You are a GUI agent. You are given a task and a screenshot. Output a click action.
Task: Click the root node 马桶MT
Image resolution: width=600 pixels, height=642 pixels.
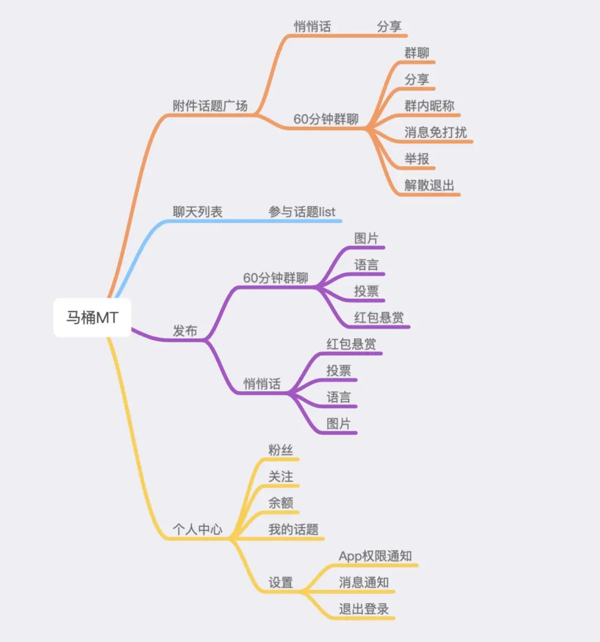pyautogui.click(x=92, y=317)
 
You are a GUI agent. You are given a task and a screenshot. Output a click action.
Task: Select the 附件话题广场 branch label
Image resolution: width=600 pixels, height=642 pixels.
pyautogui.click(x=210, y=106)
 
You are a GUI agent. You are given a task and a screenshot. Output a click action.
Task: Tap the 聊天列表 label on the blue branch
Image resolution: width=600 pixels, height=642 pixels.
pyautogui.click(x=197, y=212)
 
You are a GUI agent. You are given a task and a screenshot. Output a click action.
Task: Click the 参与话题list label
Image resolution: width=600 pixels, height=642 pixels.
pyautogui.click(x=302, y=212)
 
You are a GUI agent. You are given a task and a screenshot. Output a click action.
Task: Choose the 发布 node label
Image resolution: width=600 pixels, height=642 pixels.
pyautogui.click(x=185, y=331)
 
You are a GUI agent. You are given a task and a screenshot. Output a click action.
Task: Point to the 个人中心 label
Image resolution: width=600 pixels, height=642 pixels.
pyautogui.click(x=197, y=529)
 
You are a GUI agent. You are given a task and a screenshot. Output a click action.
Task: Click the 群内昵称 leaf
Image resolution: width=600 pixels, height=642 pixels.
pyautogui.click(x=429, y=106)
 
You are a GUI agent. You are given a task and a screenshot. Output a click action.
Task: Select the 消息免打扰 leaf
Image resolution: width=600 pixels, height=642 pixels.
pyautogui.click(x=436, y=132)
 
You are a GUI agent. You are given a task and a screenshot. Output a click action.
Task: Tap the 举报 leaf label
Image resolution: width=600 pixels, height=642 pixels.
pyautogui.click(x=417, y=159)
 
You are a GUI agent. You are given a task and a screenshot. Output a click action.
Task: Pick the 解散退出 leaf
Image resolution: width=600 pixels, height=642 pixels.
pyautogui.click(x=429, y=185)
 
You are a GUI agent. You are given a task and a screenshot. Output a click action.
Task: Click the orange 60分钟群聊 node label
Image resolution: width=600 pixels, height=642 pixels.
pyautogui.click(x=326, y=119)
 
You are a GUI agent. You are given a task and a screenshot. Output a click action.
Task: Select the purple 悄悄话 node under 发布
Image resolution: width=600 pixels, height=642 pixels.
pyautogui.click(x=262, y=384)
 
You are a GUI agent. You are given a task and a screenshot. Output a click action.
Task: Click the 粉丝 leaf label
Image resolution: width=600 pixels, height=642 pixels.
pyautogui.click(x=281, y=450)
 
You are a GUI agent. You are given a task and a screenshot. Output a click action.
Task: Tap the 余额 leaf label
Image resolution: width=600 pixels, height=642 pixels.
pyautogui.click(x=281, y=503)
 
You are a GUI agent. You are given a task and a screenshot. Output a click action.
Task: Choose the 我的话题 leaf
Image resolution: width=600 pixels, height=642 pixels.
pyautogui.click(x=293, y=529)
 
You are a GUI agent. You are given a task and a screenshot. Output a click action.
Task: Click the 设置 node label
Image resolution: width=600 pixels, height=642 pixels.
pyautogui.click(x=281, y=583)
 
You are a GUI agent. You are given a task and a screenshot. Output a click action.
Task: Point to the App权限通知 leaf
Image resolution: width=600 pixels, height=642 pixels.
pyautogui.click(x=376, y=556)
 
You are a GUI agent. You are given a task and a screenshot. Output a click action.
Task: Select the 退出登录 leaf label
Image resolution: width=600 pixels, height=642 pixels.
pyautogui.click(x=364, y=609)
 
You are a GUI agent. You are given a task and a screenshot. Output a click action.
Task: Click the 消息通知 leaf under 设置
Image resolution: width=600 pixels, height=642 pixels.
pyautogui.click(x=364, y=583)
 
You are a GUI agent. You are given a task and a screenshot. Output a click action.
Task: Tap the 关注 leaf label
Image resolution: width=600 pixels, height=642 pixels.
pyautogui.click(x=281, y=476)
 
